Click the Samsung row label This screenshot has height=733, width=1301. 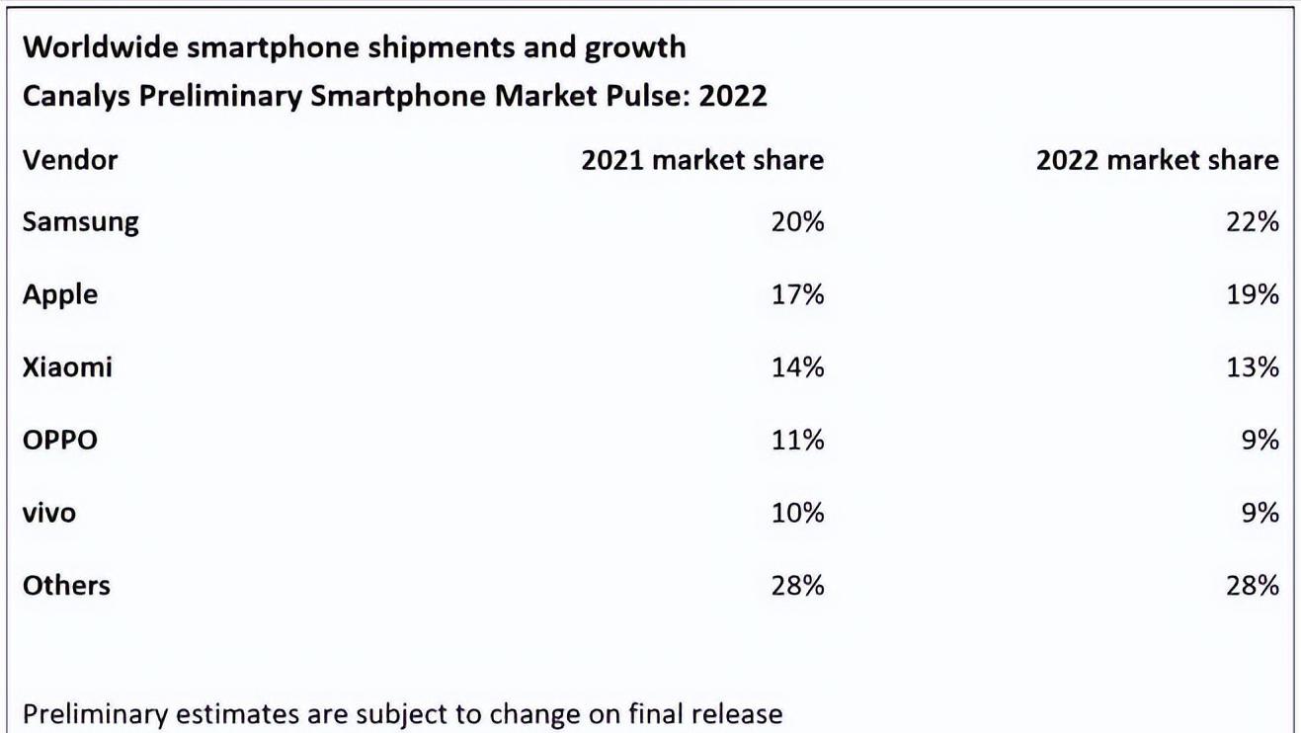[x=80, y=222]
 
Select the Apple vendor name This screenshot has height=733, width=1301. [x=60, y=295]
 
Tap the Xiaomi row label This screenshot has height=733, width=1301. [x=67, y=367]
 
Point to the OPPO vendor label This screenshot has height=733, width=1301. [x=60, y=440]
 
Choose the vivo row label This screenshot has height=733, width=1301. [x=49, y=513]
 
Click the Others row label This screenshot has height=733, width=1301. [x=66, y=585]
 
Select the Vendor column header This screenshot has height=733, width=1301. [x=70, y=160]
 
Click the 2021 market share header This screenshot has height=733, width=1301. [x=701, y=160]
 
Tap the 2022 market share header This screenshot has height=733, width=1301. [x=1157, y=160]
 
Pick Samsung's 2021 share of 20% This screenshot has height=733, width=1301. [x=797, y=222]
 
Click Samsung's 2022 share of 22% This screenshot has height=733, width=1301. [x=1252, y=222]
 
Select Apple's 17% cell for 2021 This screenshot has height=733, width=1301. [x=797, y=295]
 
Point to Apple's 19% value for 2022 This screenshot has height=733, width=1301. [x=1252, y=295]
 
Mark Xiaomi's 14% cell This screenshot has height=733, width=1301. [x=797, y=367]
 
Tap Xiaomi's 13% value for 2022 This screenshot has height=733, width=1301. [x=1252, y=367]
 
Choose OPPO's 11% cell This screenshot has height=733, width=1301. [x=797, y=440]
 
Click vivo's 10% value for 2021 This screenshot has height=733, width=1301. [x=797, y=513]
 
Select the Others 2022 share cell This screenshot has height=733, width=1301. [x=1252, y=585]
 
